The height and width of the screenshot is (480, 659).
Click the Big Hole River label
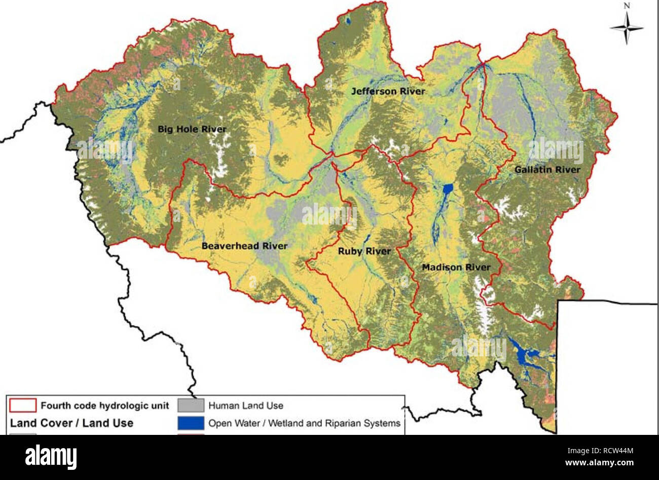click(192, 129)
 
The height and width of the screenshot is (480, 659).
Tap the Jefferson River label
click(388, 92)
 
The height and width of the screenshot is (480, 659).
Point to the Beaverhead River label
click(244, 246)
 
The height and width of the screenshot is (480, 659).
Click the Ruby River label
click(364, 251)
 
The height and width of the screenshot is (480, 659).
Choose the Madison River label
click(456, 267)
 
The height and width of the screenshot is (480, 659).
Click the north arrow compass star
click(627, 27)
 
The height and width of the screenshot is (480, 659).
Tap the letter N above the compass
click(627, 6)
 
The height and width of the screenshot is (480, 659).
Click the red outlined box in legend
click(23, 405)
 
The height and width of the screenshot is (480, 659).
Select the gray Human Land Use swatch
click(191, 405)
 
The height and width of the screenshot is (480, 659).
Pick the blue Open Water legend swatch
click(191, 423)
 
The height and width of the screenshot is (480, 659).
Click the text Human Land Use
click(246, 405)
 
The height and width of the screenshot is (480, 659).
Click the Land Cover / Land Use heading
click(71, 423)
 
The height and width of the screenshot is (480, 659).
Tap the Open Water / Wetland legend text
click(304, 423)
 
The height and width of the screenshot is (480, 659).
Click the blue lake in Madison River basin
click(447, 191)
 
